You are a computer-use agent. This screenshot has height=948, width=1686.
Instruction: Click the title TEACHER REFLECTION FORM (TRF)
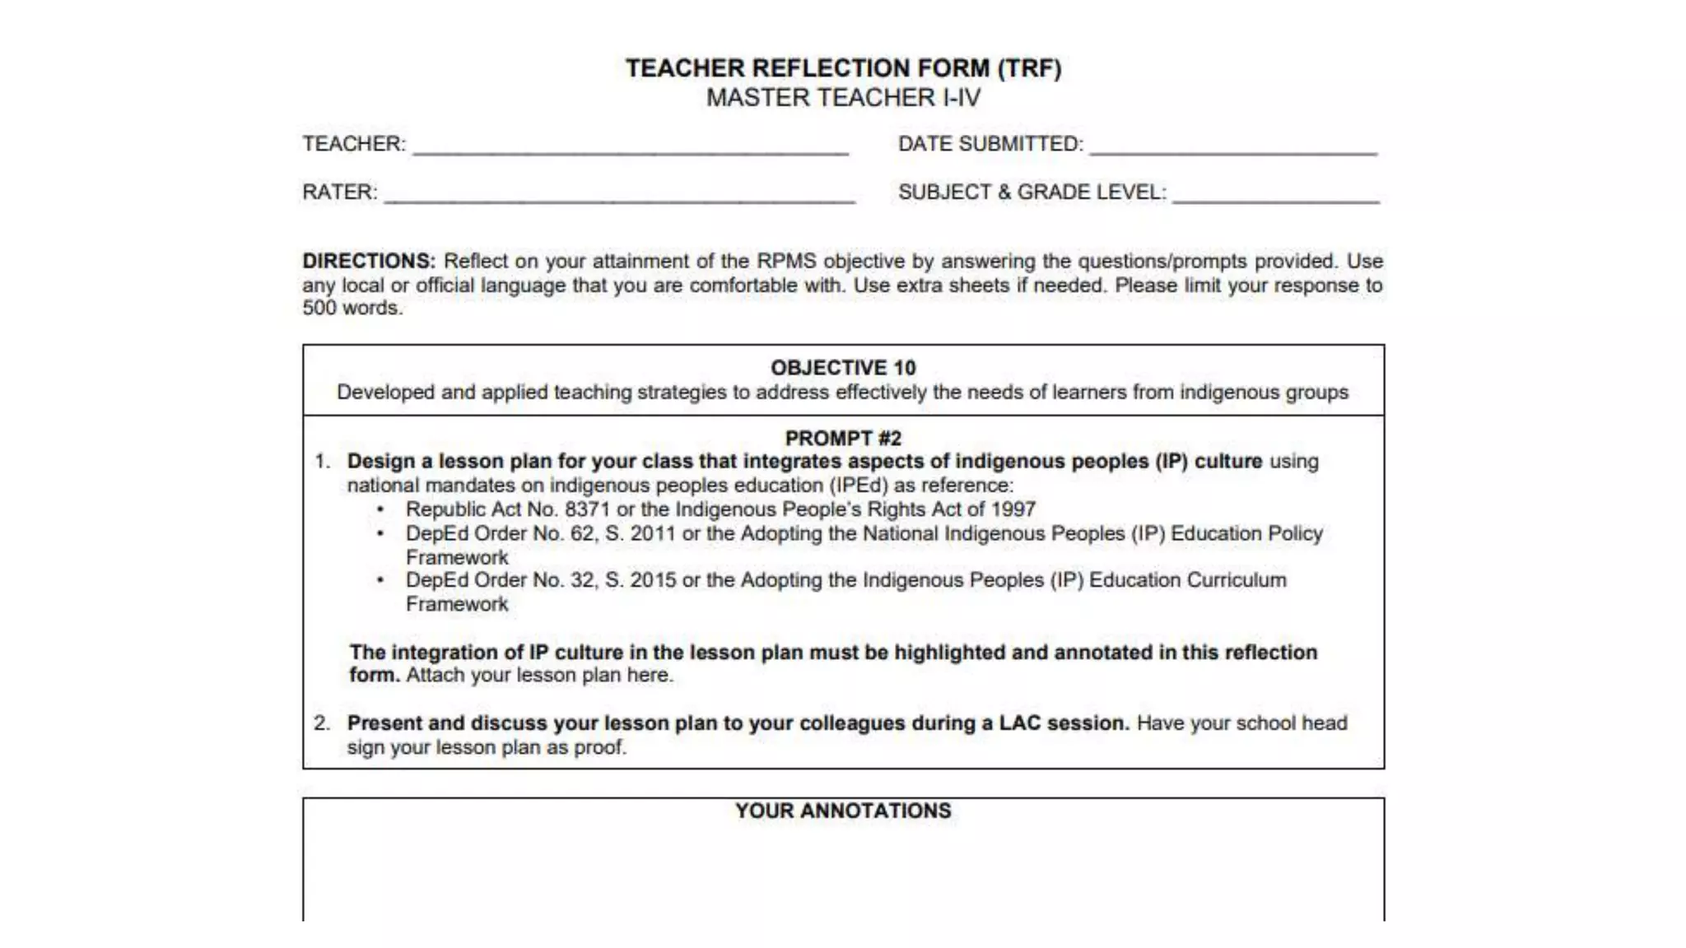tap(843, 67)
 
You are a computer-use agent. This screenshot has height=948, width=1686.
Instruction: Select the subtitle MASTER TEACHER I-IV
tap(843, 98)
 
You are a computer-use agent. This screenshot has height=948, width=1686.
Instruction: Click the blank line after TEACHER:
tap(630, 148)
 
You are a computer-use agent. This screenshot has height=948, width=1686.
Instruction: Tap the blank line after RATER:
tap(619, 197)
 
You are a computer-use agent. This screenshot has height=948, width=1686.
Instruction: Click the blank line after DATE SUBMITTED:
tap(1232, 148)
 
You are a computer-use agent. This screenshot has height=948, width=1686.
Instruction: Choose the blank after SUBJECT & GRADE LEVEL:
tap(1275, 197)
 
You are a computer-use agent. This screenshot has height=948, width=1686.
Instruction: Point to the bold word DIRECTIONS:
tap(369, 261)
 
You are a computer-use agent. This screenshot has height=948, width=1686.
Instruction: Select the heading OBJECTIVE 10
tap(843, 368)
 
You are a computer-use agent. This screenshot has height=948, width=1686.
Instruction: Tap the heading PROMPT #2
tap(843, 439)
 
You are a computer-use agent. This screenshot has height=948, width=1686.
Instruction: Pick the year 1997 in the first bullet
tap(1013, 509)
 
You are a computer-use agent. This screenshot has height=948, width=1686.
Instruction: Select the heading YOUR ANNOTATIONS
tap(843, 811)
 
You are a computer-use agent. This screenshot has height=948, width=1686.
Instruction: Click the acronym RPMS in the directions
tap(786, 261)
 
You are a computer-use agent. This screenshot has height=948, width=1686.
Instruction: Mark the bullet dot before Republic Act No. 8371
tap(380, 510)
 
